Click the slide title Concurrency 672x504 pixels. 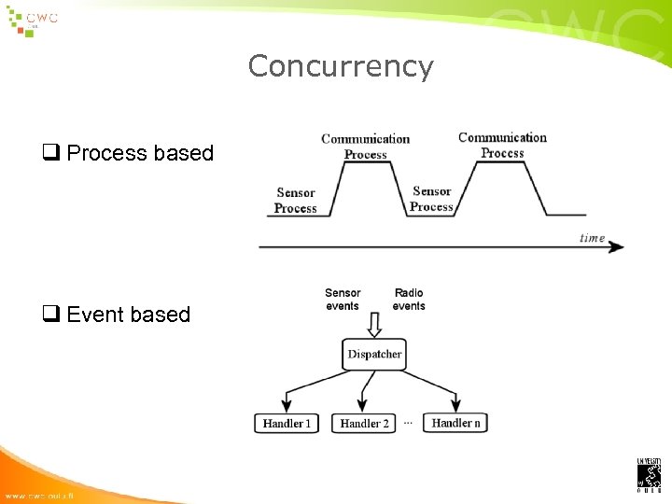coord(341,66)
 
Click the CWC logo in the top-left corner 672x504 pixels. coord(34,21)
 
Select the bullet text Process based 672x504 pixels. coord(140,153)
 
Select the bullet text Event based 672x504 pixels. coord(128,315)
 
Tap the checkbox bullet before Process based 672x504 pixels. coord(49,153)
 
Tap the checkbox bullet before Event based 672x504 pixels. coord(49,315)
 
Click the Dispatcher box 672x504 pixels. coord(374,354)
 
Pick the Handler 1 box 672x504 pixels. coord(287,424)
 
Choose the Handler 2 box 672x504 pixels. coord(364,424)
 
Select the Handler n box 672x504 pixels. coord(456,423)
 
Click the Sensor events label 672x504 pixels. coord(343,300)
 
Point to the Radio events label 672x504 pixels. coord(409,300)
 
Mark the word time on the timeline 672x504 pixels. coord(592,238)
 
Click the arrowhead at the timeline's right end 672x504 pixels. coord(618,248)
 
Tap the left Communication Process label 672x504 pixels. coord(366,147)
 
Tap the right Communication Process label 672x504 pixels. coord(502,145)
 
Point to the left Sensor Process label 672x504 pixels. coord(296,201)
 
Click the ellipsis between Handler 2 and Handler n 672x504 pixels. coord(408,423)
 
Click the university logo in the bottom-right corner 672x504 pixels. coord(649,474)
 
